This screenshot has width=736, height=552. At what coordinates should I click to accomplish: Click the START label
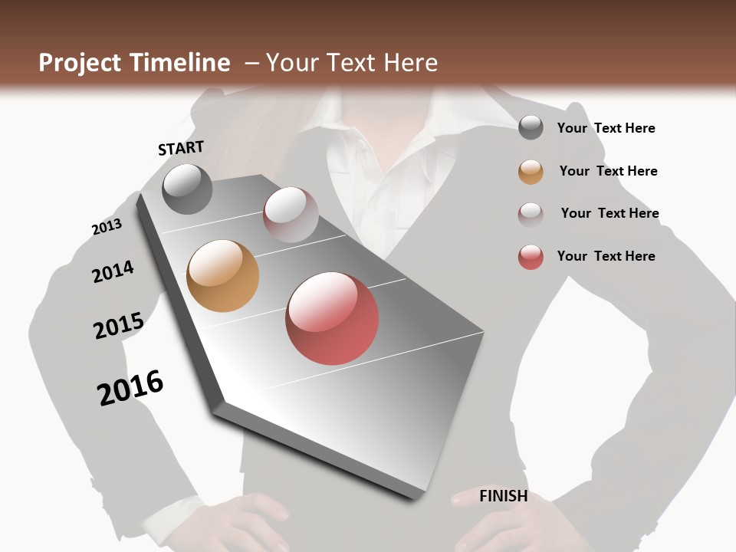click(x=181, y=148)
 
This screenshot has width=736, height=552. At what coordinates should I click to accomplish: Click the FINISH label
click(x=503, y=496)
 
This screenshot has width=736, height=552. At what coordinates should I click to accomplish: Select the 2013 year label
click(x=107, y=227)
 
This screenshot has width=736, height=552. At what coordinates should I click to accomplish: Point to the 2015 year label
click(x=119, y=326)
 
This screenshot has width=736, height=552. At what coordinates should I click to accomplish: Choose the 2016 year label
click(x=130, y=387)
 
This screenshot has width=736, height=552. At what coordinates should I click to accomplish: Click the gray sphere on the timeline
click(x=187, y=189)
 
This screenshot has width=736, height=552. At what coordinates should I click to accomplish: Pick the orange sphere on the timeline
click(x=222, y=276)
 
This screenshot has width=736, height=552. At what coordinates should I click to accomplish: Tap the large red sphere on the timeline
click(x=332, y=318)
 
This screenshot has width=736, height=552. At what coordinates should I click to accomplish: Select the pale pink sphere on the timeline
click(x=291, y=214)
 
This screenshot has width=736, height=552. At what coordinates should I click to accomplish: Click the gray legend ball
click(x=531, y=128)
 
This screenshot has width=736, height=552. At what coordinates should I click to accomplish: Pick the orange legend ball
click(x=531, y=172)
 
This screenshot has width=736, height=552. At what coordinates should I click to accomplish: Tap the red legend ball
click(x=531, y=257)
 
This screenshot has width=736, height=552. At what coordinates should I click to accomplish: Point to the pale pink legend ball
click(x=531, y=215)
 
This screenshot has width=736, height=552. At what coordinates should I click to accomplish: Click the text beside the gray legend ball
click(x=606, y=128)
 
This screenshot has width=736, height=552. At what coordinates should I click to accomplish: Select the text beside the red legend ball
click(x=606, y=256)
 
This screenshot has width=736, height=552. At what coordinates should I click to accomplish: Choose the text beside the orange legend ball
click(x=608, y=171)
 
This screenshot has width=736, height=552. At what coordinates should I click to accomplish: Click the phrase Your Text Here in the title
click(x=352, y=63)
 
